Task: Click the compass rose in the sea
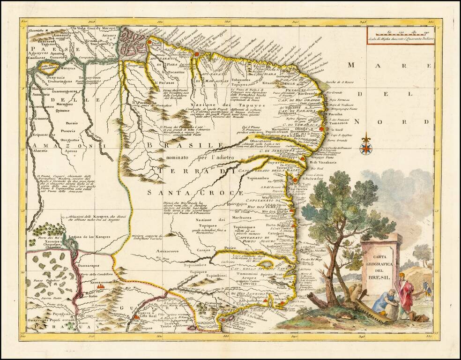pyautogui.click(x=366, y=146)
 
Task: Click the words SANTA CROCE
pyautogui.click(x=195, y=192)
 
